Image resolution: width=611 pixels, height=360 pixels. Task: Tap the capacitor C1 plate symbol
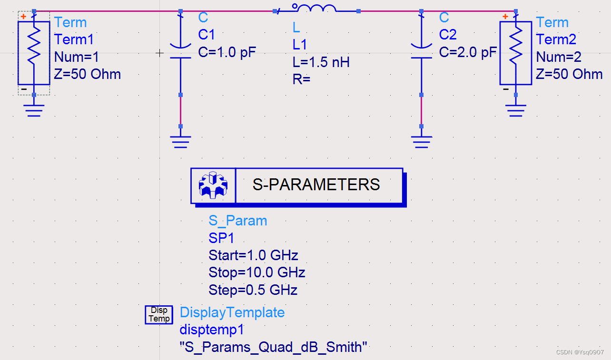(180, 51)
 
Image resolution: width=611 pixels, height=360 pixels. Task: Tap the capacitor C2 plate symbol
(421, 51)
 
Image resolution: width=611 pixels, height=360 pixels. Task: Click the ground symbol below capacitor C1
(180, 141)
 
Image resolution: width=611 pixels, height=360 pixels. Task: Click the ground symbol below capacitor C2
(421, 141)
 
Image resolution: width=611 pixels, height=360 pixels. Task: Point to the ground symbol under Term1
(34, 110)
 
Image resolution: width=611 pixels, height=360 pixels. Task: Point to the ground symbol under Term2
(516, 110)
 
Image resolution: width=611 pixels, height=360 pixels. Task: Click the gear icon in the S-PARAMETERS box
(213, 185)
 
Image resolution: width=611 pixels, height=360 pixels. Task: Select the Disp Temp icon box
(159, 314)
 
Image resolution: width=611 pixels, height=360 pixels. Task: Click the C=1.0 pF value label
(227, 52)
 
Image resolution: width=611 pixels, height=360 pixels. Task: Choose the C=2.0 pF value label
(468, 52)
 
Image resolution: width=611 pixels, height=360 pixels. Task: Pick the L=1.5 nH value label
(321, 62)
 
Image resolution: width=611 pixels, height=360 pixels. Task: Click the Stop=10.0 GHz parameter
(256, 272)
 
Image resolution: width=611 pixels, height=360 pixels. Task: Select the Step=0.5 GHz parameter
(253, 290)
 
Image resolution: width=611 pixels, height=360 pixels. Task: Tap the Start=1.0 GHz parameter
(253, 255)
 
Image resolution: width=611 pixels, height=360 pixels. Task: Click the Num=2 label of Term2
(559, 57)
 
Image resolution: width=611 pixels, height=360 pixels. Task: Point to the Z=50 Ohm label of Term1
(88, 74)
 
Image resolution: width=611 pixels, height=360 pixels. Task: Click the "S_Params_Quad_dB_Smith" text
(274, 347)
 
